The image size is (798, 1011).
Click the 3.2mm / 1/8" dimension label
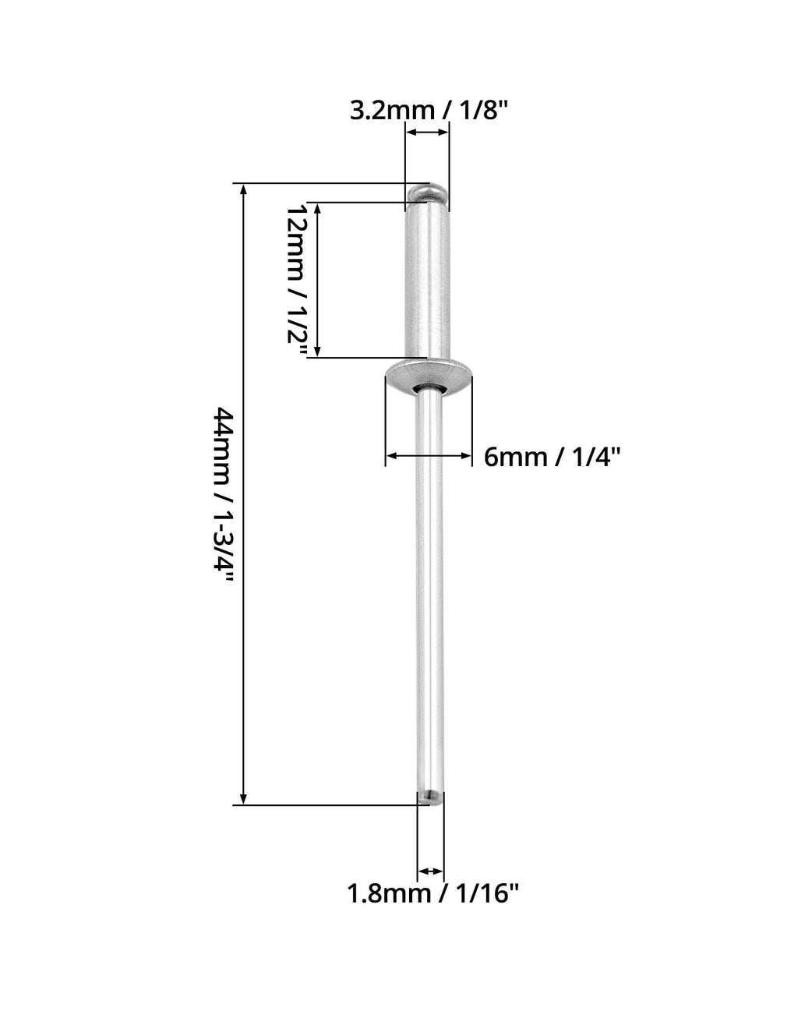click(x=429, y=111)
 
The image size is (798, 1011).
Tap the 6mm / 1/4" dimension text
click(x=553, y=457)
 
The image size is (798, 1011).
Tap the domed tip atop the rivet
click(x=427, y=193)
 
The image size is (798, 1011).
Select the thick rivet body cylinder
click(x=427, y=281)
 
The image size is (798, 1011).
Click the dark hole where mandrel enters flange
click(x=427, y=389)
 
